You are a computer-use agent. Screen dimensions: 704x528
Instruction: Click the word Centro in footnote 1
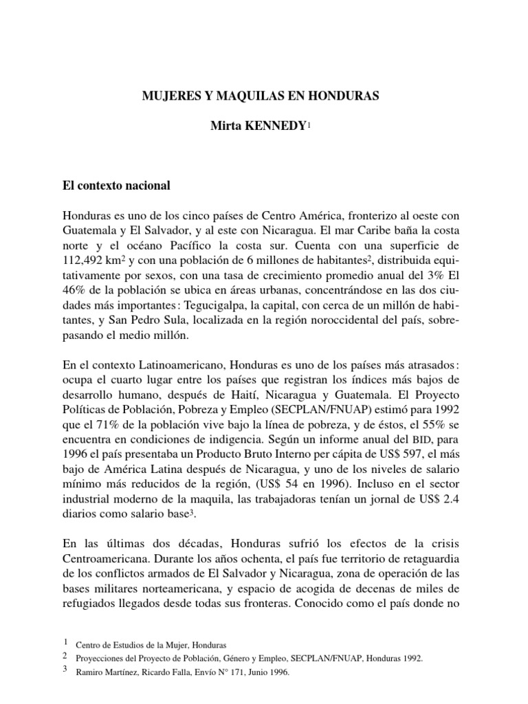point(87,646)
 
